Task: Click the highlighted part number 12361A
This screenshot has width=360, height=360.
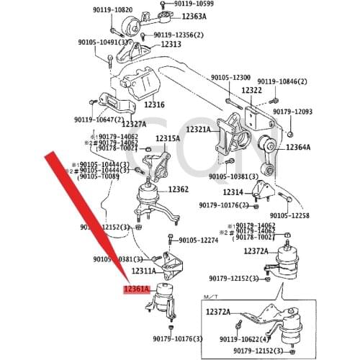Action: coord(136,290)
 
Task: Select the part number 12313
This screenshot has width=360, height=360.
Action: coord(171,45)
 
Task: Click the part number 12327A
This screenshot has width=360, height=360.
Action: coord(145,124)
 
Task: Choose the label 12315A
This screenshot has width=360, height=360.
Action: coord(167,138)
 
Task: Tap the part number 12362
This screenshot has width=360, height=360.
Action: coord(179,189)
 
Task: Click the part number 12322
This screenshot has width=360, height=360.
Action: coord(252,91)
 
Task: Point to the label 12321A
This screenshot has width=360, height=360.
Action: coord(199,130)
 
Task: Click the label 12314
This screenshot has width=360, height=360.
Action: coord(233,192)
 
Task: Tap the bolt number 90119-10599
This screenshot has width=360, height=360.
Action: coord(194,4)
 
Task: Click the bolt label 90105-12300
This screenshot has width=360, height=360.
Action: coord(230,78)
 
